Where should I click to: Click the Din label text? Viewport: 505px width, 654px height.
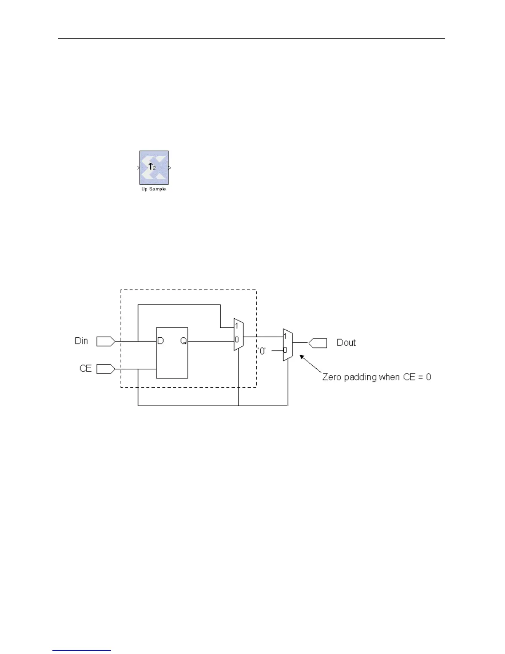(x=81, y=341)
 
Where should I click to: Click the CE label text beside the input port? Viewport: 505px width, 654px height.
(x=85, y=368)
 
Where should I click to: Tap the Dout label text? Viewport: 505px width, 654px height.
(x=346, y=343)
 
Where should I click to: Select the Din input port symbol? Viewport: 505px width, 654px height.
(x=106, y=341)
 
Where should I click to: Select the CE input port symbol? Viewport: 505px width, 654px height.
(x=106, y=369)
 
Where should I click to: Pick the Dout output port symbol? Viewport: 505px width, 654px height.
(x=318, y=343)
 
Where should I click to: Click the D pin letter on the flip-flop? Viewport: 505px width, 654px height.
(x=160, y=341)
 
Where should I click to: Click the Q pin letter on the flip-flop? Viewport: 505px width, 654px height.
(x=183, y=341)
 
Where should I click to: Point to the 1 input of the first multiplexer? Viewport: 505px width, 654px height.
(x=236, y=326)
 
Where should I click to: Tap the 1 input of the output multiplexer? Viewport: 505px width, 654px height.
(x=285, y=336)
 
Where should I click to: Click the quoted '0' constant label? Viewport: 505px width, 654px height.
(x=262, y=351)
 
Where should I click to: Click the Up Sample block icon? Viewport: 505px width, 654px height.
(x=154, y=167)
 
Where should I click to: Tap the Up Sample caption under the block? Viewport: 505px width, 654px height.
(x=153, y=189)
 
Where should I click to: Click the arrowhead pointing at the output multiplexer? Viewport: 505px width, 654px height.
(x=301, y=357)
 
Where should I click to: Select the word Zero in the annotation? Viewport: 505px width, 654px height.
(x=332, y=377)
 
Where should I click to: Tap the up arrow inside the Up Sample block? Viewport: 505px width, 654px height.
(x=151, y=166)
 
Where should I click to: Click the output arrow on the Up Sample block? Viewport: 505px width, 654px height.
(x=170, y=168)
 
